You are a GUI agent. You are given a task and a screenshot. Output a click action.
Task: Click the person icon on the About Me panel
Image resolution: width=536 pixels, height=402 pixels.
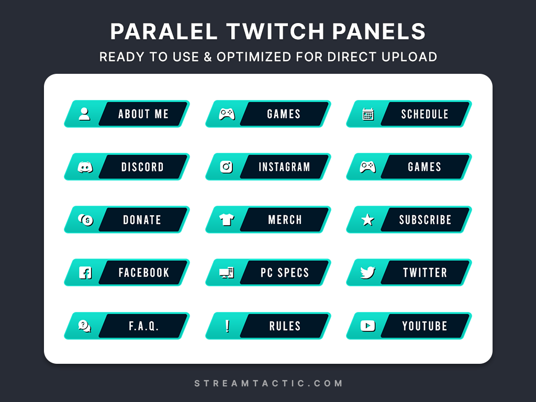pyautogui.click(x=84, y=114)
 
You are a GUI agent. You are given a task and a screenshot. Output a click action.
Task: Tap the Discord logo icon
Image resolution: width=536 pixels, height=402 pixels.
pyautogui.click(x=85, y=167)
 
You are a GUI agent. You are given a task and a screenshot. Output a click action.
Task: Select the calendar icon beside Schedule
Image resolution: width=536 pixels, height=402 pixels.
pyautogui.click(x=368, y=114)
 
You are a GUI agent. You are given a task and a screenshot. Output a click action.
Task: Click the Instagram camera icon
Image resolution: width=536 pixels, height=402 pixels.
pyautogui.click(x=226, y=167)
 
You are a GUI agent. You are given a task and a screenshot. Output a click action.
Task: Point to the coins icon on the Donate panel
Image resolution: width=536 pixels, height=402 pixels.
pyautogui.click(x=85, y=220)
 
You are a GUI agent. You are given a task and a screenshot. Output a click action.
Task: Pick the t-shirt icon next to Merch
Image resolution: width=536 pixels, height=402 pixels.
pyautogui.click(x=227, y=220)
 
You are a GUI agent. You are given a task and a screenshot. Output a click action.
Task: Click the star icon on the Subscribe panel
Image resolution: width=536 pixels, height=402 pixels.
pyautogui.click(x=368, y=220)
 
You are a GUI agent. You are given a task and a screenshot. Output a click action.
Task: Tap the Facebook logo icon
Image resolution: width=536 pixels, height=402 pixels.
pyautogui.click(x=85, y=273)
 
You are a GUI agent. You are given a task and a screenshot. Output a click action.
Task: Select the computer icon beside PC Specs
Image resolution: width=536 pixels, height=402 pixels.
pyautogui.click(x=227, y=273)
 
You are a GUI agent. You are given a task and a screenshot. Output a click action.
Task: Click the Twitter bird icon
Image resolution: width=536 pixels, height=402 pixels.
pyautogui.click(x=368, y=272)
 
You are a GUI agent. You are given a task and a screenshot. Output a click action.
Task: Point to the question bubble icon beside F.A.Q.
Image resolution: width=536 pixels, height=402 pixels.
pyautogui.click(x=84, y=326)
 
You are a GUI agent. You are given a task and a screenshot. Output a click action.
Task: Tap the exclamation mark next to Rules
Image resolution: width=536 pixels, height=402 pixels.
pyautogui.click(x=227, y=326)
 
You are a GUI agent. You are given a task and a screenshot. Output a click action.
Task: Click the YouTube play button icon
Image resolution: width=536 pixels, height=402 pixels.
pyautogui.click(x=368, y=326)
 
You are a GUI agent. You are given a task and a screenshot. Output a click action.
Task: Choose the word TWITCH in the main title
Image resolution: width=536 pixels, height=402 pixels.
pyautogui.click(x=275, y=31)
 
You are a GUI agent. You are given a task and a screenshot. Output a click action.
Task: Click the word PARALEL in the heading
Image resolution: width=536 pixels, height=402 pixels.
pyautogui.click(x=164, y=31)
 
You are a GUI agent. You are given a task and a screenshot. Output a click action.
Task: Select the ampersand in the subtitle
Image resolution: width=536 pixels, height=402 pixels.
pyautogui.click(x=208, y=57)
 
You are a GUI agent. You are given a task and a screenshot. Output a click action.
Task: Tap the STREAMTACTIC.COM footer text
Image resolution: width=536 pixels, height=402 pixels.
pyautogui.click(x=269, y=383)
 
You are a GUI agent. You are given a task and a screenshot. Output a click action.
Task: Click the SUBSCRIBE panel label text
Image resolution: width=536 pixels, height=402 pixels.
pyautogui.click(x=425, y=220)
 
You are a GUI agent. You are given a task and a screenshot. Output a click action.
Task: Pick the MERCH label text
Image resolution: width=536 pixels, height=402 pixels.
pyautogui.click(x=285, y=220)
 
